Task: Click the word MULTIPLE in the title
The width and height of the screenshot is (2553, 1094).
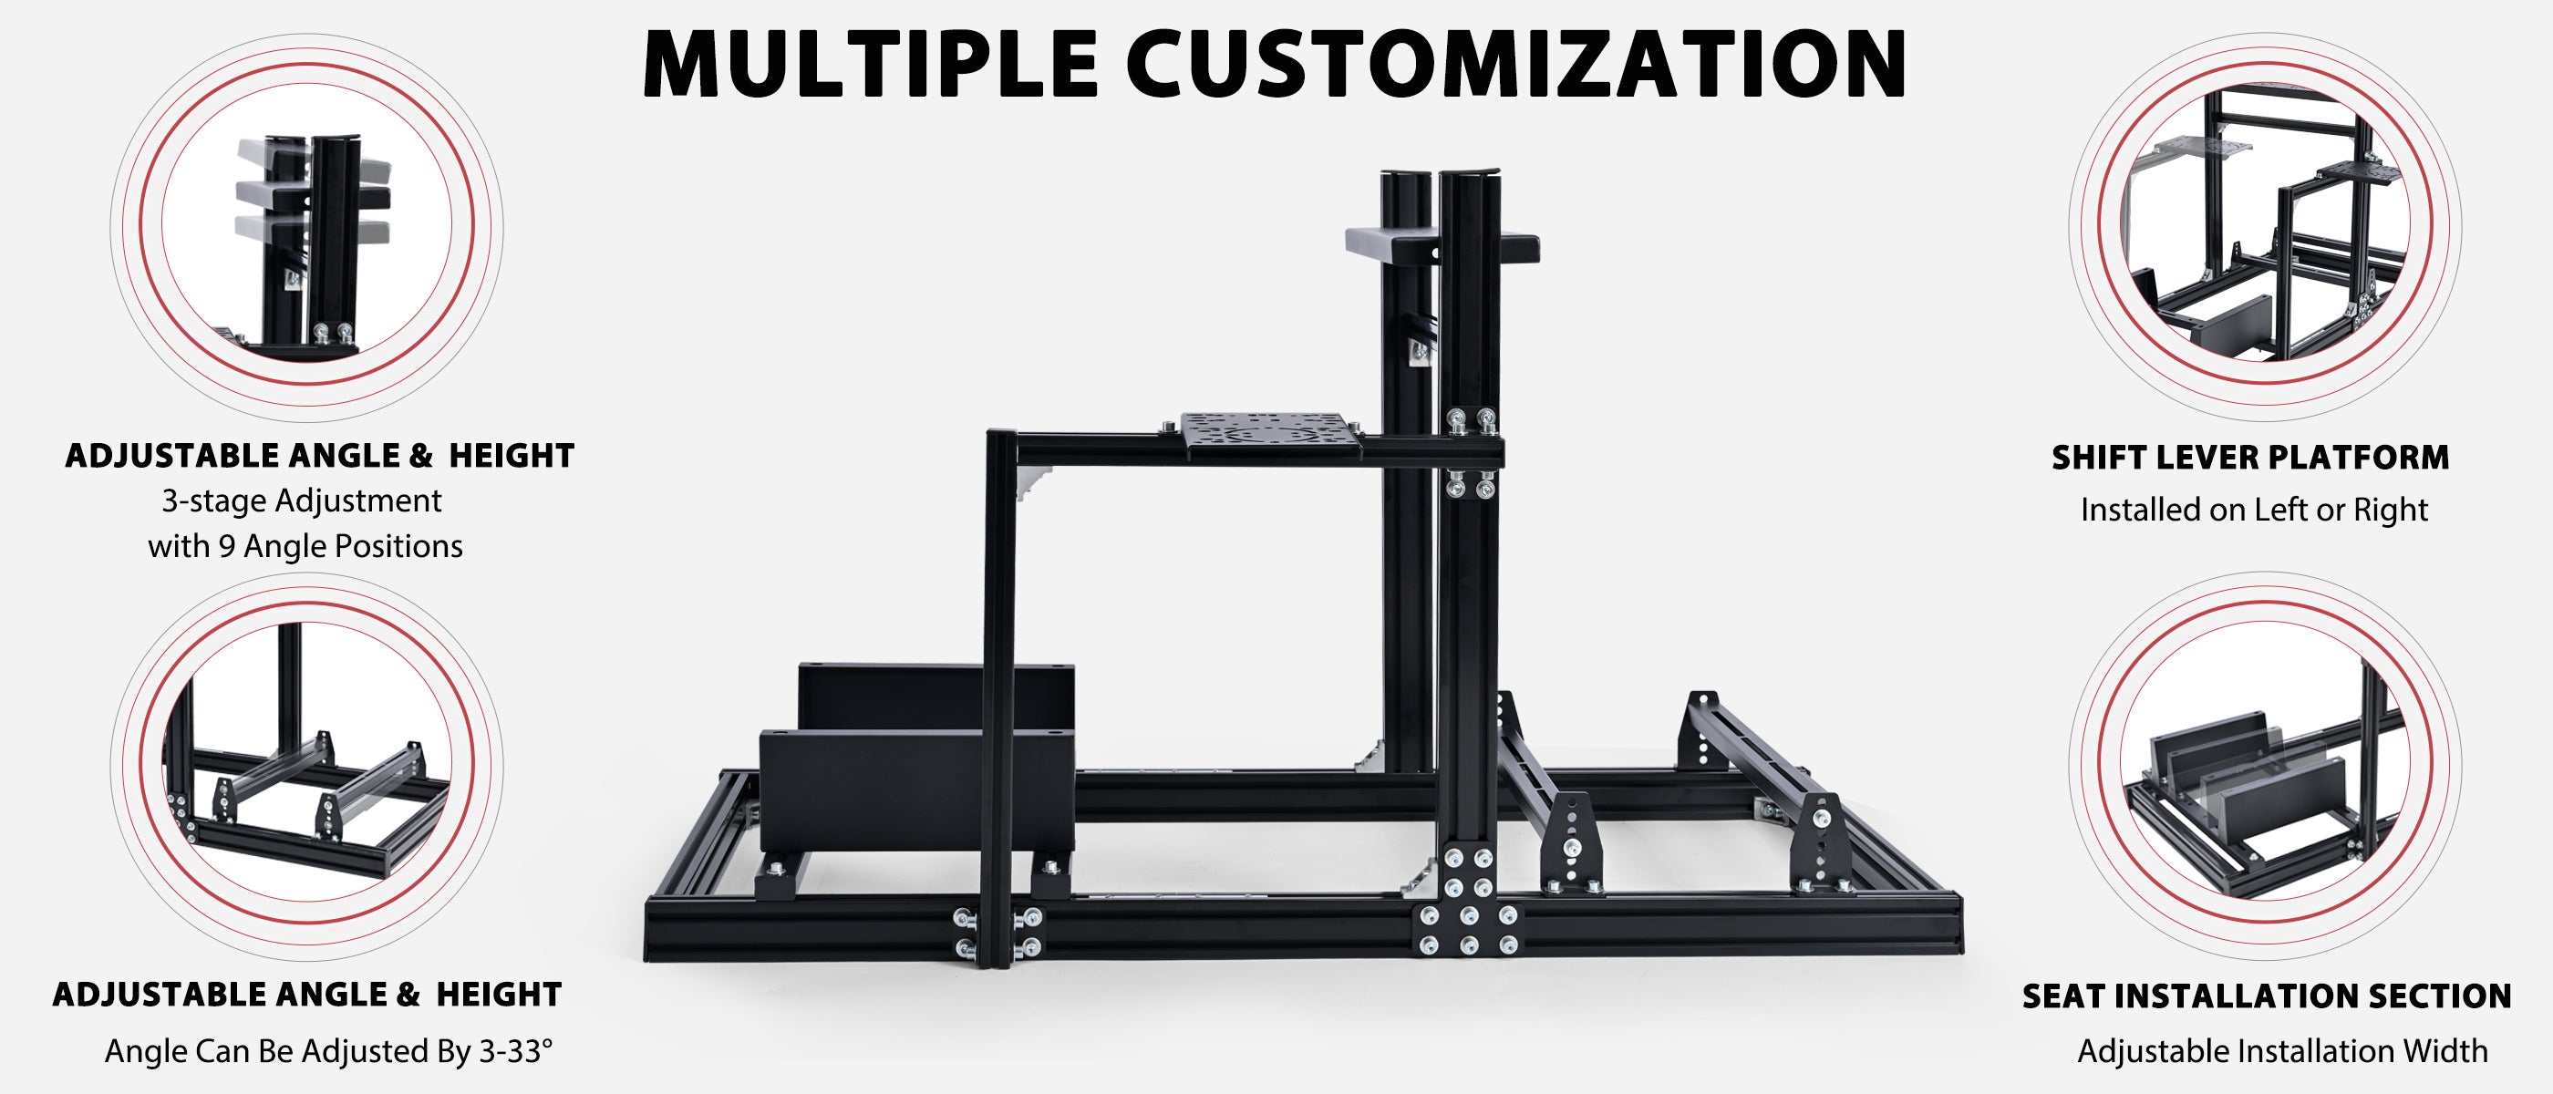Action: tap(870, 64)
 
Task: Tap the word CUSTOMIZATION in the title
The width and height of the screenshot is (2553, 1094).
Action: tap(1516, 64)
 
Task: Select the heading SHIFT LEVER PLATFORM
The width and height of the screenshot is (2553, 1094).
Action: tap(2249, 457)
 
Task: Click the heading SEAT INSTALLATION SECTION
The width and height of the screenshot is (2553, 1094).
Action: tap(2267, 996)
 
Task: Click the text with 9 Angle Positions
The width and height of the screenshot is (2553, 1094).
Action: tap(305, 546)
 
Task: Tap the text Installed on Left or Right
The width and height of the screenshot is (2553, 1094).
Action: tap(2254, 510)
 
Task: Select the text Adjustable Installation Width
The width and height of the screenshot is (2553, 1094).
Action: tap(2281, 1050)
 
